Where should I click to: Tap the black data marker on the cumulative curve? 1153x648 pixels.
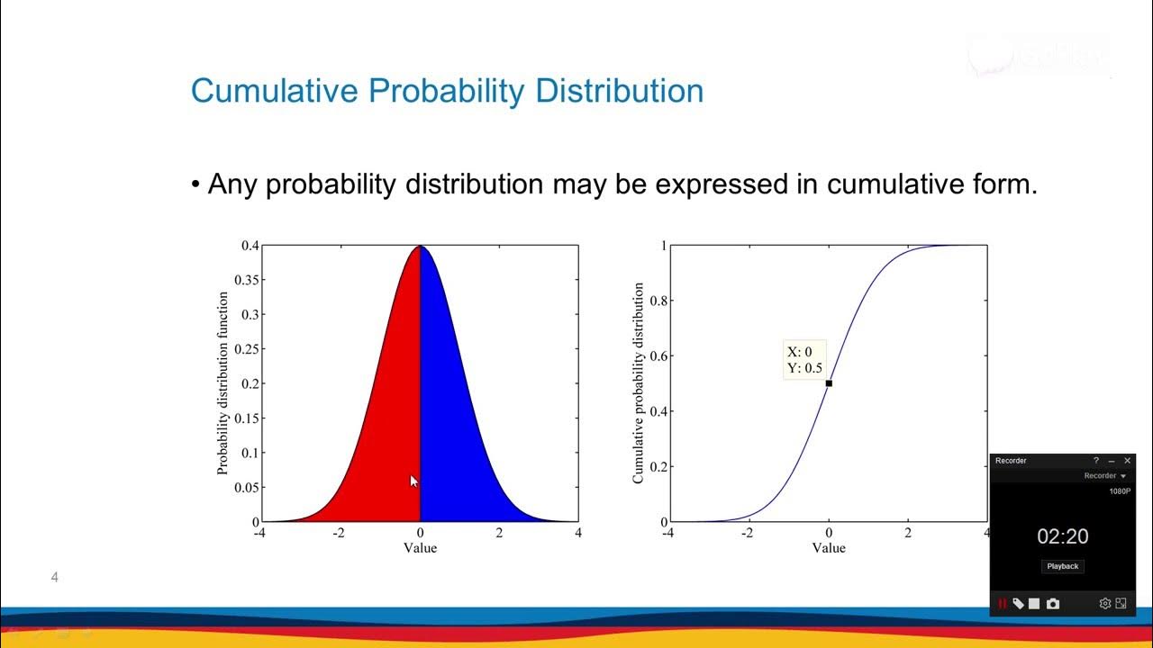pos(829,383)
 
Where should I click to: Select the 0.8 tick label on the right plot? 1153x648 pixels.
pos(659,301)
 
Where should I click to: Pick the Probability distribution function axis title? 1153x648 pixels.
pos(222,383)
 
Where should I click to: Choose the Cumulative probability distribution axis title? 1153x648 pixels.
pos(638,383)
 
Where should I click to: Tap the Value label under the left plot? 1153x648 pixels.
pos(420,547)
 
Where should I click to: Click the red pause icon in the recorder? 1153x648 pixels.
pos(1002,604)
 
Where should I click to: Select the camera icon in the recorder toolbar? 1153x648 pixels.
pos(1052,604)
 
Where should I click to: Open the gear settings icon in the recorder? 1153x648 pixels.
pos(1104,604)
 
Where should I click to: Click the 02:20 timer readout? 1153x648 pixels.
pos(1063,537)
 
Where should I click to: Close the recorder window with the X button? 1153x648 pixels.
pos(1127,461)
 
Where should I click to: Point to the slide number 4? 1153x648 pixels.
pos(55,577)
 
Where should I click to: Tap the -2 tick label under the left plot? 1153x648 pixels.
pos(339,533)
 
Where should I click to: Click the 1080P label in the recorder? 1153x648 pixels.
pos(1120,491)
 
